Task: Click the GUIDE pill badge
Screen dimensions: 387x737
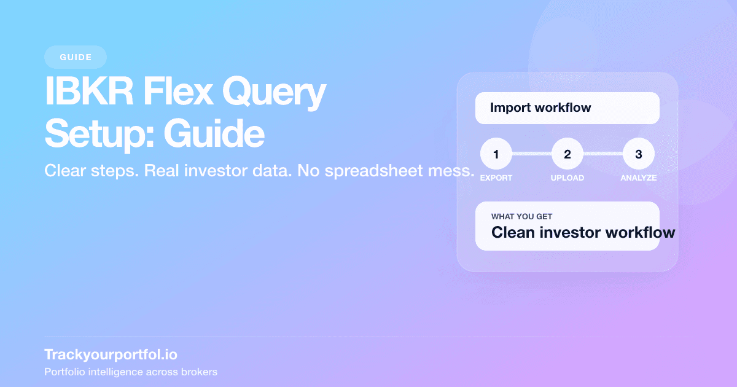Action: coord(76,57)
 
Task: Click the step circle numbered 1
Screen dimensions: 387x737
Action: coord(496,154)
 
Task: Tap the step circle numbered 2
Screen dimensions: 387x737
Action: coord(567,154)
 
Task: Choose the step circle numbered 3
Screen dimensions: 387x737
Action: coord(639,154)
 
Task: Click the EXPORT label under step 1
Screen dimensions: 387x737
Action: coord(496,178)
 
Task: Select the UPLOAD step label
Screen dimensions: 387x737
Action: coord(567,178)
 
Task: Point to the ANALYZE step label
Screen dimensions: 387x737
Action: coord(639,178)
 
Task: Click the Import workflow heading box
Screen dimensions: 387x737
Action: coord(567,108)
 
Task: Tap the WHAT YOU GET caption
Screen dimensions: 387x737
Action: coord(522,217)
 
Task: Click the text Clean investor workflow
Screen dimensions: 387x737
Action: coord(583,233)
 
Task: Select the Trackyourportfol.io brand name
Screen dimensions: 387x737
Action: coord(111,354)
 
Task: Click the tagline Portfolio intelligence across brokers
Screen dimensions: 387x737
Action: coord(131,372)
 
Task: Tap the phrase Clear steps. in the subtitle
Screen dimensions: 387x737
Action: coord(92,171)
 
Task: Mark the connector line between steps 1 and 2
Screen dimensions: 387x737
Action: coord(532,154)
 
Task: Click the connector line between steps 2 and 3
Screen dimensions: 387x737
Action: coord(603,154)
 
